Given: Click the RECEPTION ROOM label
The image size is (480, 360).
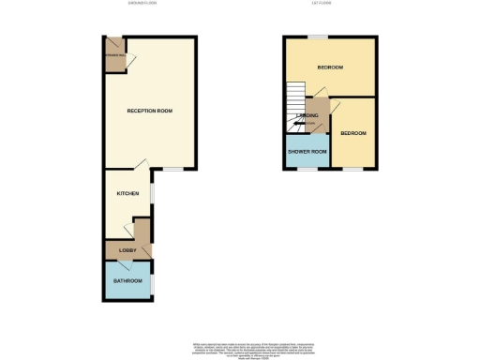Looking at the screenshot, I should click(150, 112).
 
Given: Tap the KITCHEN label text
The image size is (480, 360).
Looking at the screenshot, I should click(127, 193).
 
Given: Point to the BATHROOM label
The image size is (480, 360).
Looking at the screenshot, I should click(128, 281).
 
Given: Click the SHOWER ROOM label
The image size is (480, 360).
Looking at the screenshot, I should click(307, 152).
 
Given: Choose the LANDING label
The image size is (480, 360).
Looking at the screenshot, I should click(307, 116).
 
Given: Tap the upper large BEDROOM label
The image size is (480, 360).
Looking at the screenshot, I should click(329, 67).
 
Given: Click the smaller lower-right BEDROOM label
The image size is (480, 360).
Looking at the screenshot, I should click(352, 133).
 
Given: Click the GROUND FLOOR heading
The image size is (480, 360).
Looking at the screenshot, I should click(143, 4).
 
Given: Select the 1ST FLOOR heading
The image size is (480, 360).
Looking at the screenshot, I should click(333, 4).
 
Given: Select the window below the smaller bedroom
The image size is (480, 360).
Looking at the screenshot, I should click(352, 170).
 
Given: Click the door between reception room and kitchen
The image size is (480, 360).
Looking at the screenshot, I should click(141, 165).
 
